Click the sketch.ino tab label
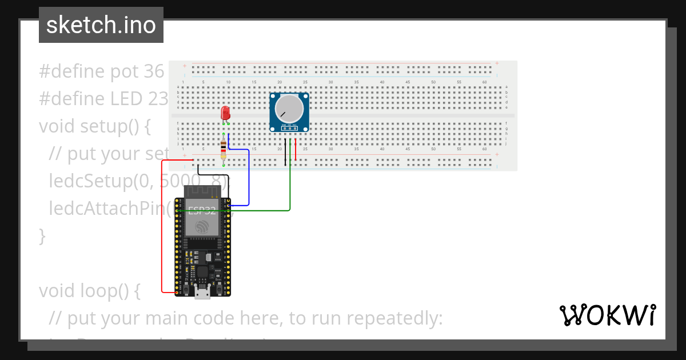pos(101,25)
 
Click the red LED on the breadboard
pos(225,113)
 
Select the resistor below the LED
pos(223,151)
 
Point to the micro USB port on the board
pos(202,293)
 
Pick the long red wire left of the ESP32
pos(162,229)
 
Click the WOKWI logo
pos(607,315)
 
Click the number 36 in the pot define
pos(154,71)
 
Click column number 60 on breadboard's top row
pos(484,82)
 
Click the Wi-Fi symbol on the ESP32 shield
pos(202,227)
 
